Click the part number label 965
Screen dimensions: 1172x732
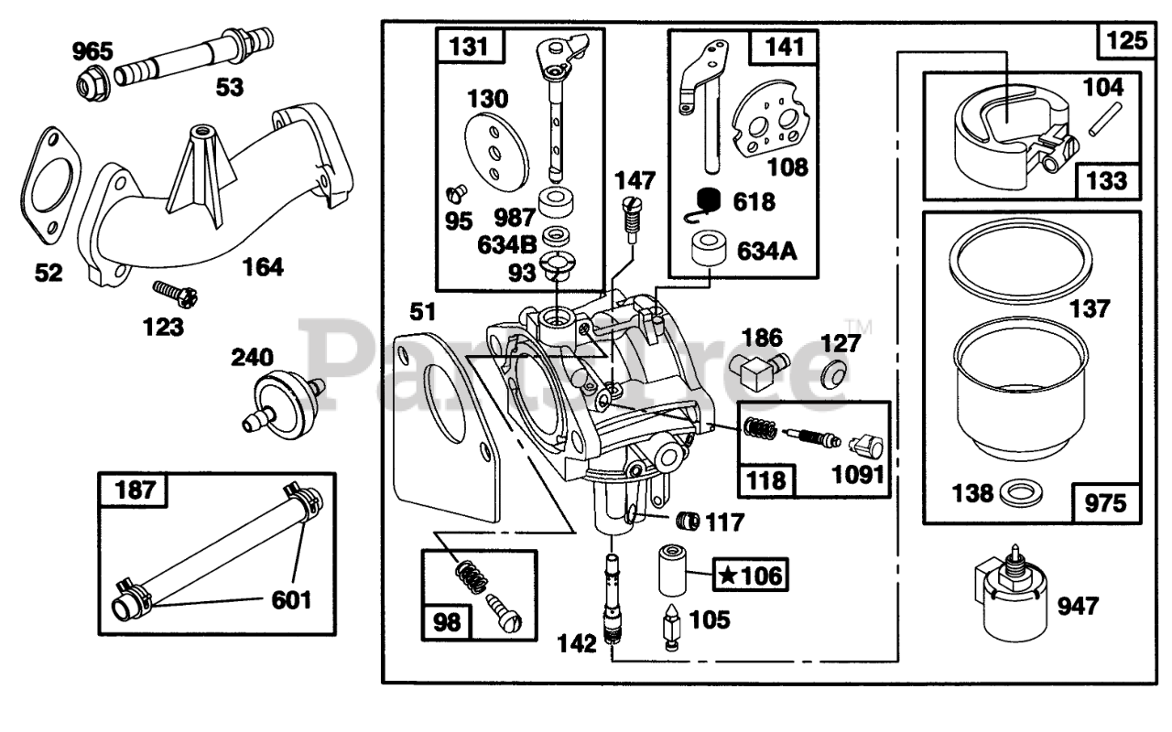(92, 51)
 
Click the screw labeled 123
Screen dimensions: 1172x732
(175, 295)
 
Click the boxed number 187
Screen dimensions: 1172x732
(135, 490)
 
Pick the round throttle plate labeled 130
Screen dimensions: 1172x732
(496, 152)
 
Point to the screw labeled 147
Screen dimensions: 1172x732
(632, 219)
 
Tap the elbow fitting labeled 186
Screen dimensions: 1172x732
(757, 370)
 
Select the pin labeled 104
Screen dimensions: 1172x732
(1105, 119)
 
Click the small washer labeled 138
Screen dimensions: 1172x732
(1020, 493)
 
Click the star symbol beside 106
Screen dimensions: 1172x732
(728, 576)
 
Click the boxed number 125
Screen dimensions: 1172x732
(1126, 39)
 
